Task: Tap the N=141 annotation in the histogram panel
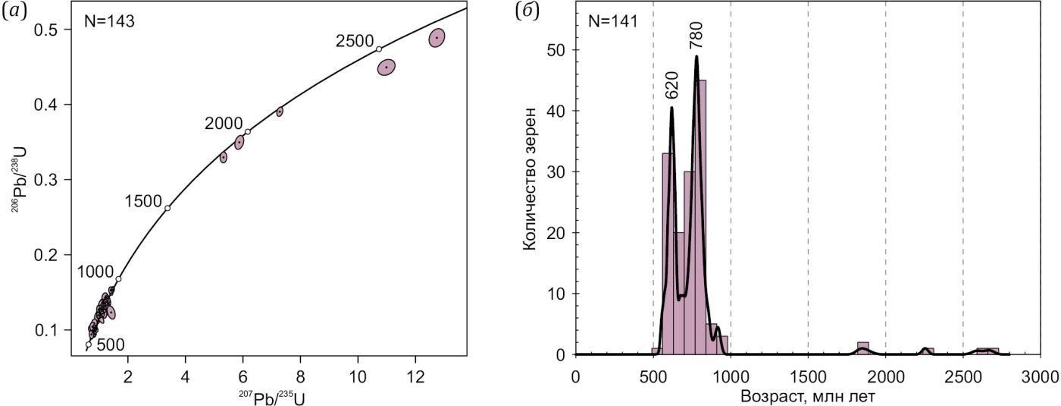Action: [614, 21]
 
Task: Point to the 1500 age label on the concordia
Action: [144, 201]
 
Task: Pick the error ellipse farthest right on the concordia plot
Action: [437, 37]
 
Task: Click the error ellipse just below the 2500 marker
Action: [387, 68]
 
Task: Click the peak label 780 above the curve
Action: [698, 35]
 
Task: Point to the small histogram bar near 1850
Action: [862, 348]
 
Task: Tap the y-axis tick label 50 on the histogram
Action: [554, 50]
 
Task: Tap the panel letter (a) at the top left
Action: [15, 12]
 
